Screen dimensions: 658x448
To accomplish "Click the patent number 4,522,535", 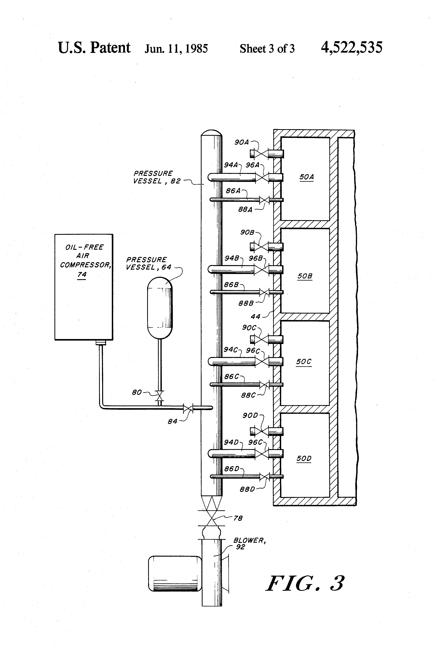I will click(x=351, y=47).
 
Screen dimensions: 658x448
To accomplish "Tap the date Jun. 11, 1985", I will click(x=176, y=48).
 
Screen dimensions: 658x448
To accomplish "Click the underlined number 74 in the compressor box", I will click(x=82, y=274).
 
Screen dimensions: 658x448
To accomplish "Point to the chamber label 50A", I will click(x=306, y=177).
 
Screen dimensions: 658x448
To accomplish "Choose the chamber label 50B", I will click(x=305, y=276).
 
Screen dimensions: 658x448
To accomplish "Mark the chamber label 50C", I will click(x=304, y=362).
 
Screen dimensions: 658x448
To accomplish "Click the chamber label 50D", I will click(x=304, y=458).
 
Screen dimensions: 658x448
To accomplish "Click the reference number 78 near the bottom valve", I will click(x=238, y=518).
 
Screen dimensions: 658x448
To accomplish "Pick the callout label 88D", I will click(x=247, y=489).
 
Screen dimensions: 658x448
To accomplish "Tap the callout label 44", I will click(x=255, y=316).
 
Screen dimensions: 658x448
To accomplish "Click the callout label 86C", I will click(x=231, y=376).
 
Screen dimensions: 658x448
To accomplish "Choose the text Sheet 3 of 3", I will click(x=267, y=49).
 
